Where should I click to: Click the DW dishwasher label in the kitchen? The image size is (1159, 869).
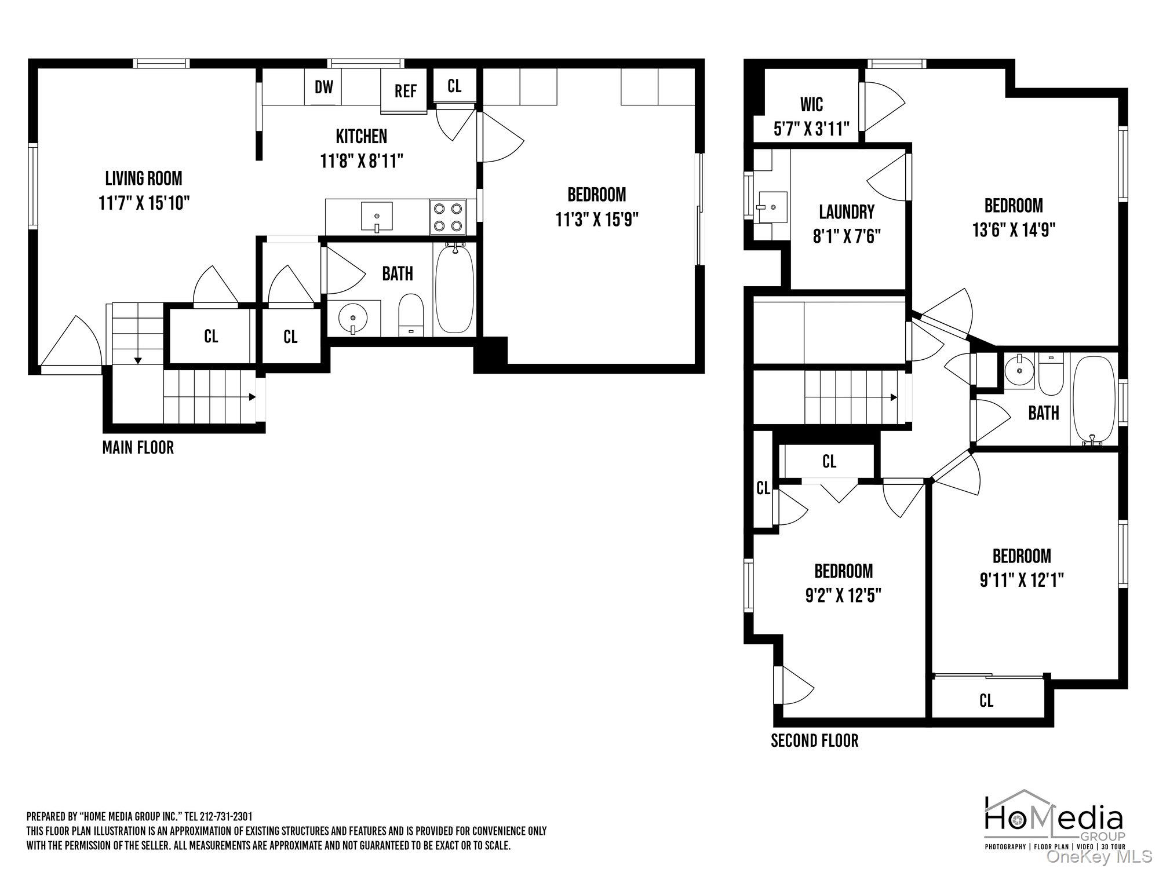point(324,87)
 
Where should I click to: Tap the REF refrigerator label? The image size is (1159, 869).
point(406,91)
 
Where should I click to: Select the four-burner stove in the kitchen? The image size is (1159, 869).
point(448,217)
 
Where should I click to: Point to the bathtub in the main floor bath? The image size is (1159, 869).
point(455,288)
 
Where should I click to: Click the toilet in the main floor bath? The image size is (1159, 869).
point(411,315)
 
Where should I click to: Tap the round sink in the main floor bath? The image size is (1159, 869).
point(352,318)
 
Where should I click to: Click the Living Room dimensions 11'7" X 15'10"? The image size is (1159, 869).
point(144,203)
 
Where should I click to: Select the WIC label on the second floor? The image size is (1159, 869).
point(811,104)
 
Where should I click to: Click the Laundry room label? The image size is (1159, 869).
point(847,211)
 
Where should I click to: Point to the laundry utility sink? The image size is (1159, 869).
point(771,206)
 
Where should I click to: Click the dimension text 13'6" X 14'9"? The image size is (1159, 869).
point(1014,230)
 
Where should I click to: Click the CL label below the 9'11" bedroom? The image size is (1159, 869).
point(986,700)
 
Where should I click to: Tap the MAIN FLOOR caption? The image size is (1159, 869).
point(138,447)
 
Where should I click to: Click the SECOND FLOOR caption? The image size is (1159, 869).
point(814,740)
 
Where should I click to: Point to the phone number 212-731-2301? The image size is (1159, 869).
point(226,817)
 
